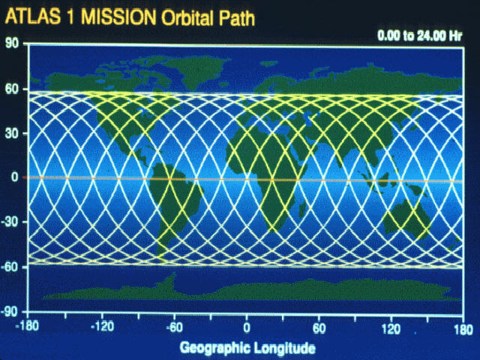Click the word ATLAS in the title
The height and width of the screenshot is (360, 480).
click(33, 16)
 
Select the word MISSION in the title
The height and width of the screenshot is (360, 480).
click(118, 17)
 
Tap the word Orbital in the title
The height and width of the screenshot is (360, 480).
click(187, 18)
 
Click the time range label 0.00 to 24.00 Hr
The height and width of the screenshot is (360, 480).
click(420, 36)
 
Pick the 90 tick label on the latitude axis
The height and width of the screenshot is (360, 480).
click(12, 43)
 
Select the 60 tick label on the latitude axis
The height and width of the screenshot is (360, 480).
click(12, 88)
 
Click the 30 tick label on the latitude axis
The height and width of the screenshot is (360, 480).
click(12, 133)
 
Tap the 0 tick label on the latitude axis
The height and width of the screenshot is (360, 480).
click(15, 177)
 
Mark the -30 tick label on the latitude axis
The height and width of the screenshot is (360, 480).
click(10, 222)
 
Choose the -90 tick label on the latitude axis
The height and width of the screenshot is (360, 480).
click(10, 312)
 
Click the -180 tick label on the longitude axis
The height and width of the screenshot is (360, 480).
click(27, 327)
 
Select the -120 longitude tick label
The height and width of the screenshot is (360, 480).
click(103, 327)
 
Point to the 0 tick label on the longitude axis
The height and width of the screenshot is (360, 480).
click(247, 328)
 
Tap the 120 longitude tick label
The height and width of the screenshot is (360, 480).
click(391, 329)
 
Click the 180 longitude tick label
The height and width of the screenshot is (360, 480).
click(463, 330)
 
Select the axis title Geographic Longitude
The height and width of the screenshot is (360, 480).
click(247, 348)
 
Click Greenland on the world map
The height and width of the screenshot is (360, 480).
click(196, 71)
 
